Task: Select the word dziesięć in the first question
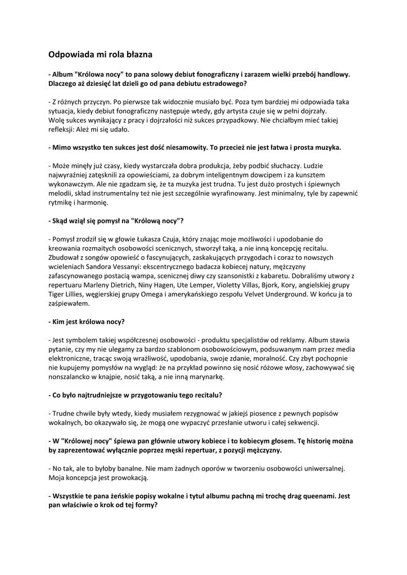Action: tap(106, 83)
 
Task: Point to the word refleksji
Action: tap(63, 129)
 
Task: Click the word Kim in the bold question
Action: tap(58, 322)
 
